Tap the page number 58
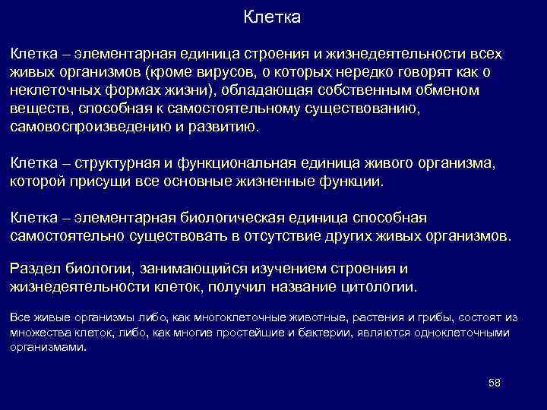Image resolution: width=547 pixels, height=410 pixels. point(494,381)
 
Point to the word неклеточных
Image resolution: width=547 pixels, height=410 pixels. point(50,90)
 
